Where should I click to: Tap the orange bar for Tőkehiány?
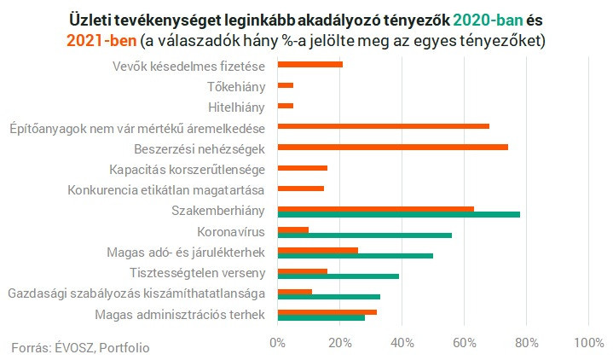(x=286, y=85)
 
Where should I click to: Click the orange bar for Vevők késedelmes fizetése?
(x=310, y=65)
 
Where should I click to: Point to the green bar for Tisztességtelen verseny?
(x=338, y=276)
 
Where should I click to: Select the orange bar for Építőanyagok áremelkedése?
(x=383, y=126)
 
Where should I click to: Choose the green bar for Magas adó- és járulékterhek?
(x=356, y=255)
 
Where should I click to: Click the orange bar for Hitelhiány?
(x=286, y=106)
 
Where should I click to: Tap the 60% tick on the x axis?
(x=464, y=343)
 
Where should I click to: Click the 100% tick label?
(x=588, y=343)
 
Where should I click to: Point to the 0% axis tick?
(x=278, y=343)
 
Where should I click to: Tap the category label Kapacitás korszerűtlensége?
(x=188, y=169)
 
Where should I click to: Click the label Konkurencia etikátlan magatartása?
(x=165, y=189)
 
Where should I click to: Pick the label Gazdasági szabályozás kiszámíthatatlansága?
(x=136, y=294)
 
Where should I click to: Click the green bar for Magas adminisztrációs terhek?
(x=321, y=317)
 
